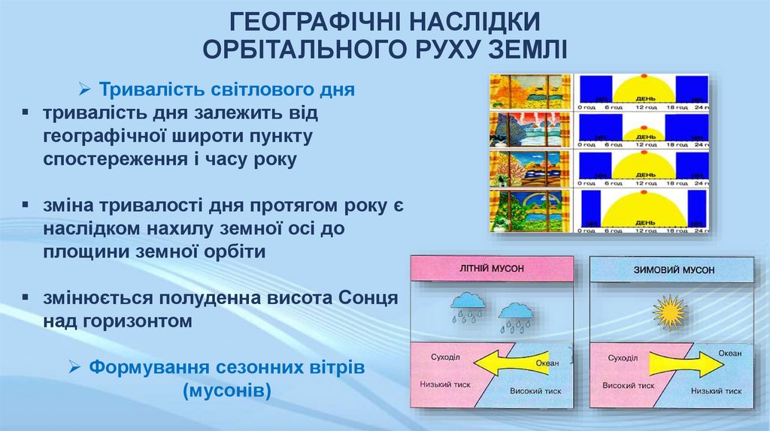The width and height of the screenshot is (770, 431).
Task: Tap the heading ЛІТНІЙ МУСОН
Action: [491, 268]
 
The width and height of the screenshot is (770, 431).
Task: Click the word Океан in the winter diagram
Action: [728, 353]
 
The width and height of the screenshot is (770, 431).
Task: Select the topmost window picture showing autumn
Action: [531, 92]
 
